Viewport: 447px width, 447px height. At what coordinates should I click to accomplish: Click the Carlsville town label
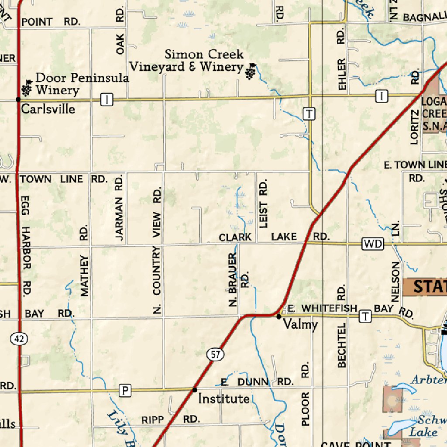point(48,109)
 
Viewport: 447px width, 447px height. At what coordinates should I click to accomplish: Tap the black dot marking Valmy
point(279,316)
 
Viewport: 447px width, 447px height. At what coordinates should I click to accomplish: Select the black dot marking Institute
point(195,389)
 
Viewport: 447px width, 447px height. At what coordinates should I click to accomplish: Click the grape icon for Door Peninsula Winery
point(27,89)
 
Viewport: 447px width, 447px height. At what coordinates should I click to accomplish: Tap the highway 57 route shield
point(215,354)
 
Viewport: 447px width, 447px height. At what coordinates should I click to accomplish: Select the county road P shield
point(125,390)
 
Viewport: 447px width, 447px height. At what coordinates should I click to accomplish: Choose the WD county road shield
point(372,244)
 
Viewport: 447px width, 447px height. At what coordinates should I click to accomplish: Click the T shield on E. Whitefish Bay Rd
point(365,317)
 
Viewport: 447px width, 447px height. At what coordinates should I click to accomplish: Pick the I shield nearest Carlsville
point(107,100)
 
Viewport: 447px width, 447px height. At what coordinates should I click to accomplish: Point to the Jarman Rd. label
point(119,207)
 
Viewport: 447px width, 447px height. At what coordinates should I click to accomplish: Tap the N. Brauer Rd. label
point(238,279)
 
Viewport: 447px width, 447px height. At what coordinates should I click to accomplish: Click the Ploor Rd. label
point(305,393)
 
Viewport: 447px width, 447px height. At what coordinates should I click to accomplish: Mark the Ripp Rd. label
point(171,420)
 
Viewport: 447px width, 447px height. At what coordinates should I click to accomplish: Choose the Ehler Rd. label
point(342,59)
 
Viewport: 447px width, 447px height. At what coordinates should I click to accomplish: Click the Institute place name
point(224,399)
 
